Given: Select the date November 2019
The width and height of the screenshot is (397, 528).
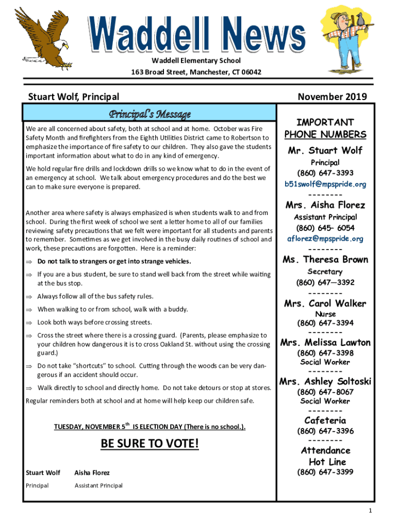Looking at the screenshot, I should point(332,96).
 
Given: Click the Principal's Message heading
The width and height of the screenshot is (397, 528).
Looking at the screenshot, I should point(150,113).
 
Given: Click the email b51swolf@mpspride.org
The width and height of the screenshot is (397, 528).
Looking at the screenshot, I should point(325,184).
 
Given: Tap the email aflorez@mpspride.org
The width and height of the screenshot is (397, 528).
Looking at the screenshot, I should point(325,239).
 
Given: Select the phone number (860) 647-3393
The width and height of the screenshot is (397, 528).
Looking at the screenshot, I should point(325,173).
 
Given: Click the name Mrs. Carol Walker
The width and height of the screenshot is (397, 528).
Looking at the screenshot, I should point(325,303).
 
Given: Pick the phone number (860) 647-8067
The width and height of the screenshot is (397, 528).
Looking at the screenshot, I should point(325,392).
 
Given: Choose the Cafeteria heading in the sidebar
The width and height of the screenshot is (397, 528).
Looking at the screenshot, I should point(325,420).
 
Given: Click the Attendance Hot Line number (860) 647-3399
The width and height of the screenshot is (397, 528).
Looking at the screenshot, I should point(325,472).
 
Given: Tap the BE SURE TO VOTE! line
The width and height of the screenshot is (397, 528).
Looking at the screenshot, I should point(150,443).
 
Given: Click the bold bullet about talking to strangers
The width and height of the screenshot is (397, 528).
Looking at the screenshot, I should point(114,261).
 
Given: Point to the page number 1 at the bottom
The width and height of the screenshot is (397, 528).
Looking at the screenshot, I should point(370,510).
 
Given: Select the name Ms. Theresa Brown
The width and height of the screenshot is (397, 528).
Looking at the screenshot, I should point(325,259).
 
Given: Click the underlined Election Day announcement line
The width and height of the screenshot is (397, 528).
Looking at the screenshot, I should point(150,427).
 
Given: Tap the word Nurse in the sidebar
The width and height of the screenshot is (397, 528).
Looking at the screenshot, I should point(325,314).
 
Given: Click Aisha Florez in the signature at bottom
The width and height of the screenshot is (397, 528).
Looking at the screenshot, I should point(92,472).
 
